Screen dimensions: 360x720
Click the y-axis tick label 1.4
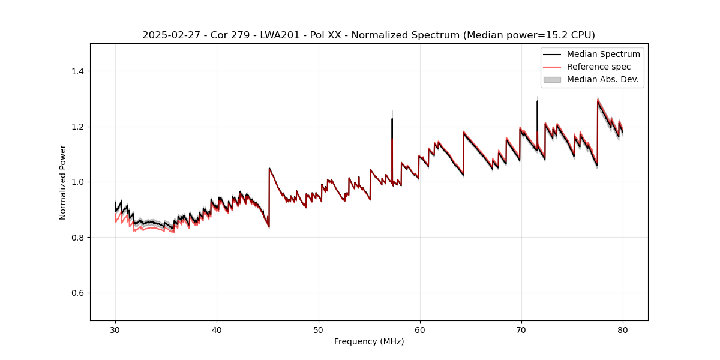[x=77, y=71]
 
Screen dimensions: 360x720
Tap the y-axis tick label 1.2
[x=77, y=127]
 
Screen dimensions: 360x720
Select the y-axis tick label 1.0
[x=77, y=182]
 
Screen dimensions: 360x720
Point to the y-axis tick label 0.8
[x=77, y=238]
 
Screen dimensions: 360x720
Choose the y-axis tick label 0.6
[x=77, y=293]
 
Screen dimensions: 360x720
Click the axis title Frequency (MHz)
[x=369, y=341]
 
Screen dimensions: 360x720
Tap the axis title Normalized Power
[x=63, y=182]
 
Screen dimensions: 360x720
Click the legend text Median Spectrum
[x=603, y=54]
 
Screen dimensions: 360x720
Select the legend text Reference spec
[x=599, y=67]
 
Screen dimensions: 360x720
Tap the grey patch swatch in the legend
[x=552, y=79]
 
